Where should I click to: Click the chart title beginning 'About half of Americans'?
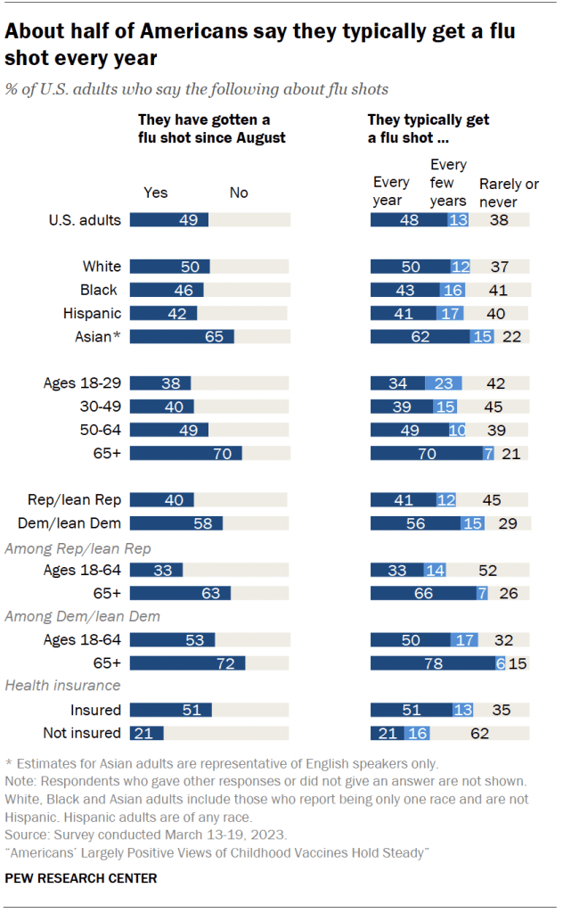click(x=260, y=45)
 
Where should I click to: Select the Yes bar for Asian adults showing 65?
click(x=182, y=336)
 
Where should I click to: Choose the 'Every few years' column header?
click(x=448, y=184)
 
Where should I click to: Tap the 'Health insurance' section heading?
click(x=62, y=685)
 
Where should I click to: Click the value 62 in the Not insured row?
click(x=504, y=733)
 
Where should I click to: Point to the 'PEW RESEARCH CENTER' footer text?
click(x=82, y=878)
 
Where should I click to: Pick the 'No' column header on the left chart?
click(x=239, y=193)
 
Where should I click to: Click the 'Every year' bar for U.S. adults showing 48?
click(x=409, y=219)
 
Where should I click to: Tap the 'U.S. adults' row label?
click(x=86, y=219)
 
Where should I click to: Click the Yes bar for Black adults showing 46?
click(x=167, y=290)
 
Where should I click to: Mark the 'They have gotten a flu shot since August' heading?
click(x=211, y=127)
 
